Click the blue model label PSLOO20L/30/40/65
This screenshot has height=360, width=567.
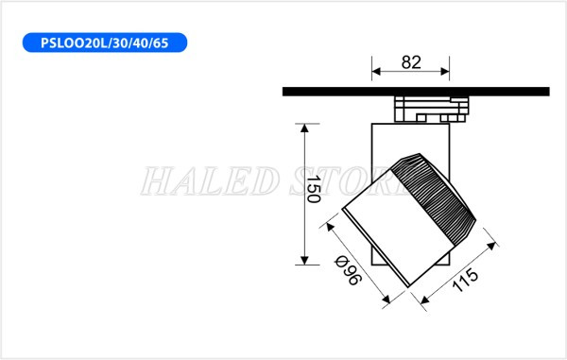pos(105,43)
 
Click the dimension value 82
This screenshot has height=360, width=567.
pos(411,62)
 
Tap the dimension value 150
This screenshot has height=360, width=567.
pos(313,189)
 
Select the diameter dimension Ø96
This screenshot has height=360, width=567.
pos(348,270)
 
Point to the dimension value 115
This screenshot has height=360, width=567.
pos(465,280)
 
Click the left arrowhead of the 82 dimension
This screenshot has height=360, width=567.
pos(376,72)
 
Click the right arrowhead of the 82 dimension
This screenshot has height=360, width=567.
pos(445,72)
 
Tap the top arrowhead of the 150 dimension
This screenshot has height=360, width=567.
pos(304,128)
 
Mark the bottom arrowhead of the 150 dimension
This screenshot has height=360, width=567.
pos(304,260)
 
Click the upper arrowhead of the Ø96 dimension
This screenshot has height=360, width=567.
pos(330,227)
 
